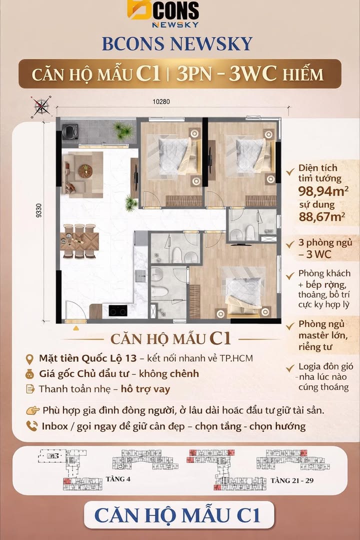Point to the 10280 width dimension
point(161,101)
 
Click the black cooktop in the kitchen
point(118,310)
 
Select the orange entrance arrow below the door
point(75,328)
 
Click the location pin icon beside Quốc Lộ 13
point(30,359)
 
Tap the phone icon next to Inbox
point(32,426)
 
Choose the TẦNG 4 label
point(118,478)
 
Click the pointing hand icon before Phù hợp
point(33,410)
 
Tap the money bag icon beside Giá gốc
point(30,373)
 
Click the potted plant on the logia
point(122,131)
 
